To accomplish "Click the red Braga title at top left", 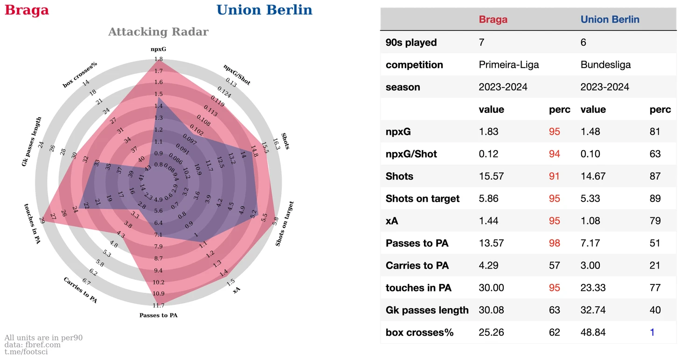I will coord(27,10).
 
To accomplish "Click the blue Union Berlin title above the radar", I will coord(264,10).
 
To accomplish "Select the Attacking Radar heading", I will coord(158,32).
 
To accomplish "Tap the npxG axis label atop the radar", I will coord(158,49).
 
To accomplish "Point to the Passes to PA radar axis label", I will coord(158,315).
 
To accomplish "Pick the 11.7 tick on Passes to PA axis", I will coord(158,305).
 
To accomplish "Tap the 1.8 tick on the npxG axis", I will coord(158,59).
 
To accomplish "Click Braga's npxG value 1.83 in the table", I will coord(488,132).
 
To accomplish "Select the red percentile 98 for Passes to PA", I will coord(554,243).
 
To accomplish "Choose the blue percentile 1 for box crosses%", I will coord(652,332).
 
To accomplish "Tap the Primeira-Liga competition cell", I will coord(508,65).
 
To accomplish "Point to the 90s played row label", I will coord(411,42).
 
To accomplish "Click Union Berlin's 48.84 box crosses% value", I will coord(593,332).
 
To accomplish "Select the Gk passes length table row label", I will coord(427,310).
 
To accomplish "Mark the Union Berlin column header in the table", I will coord(610,20).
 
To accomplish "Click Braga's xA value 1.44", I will coord(488,221).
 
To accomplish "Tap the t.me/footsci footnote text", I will coord(26,352).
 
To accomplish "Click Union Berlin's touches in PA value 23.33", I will coord(593,288).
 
